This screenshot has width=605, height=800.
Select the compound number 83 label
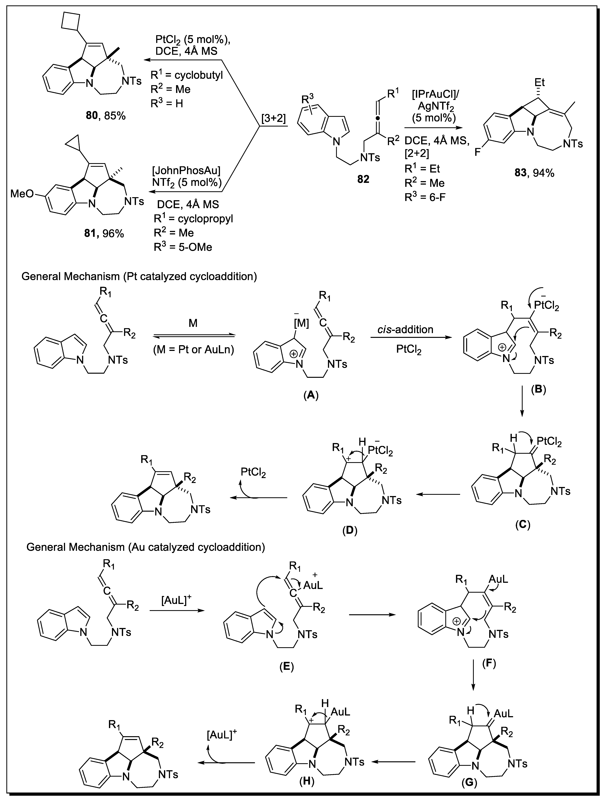tap(521, 173)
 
